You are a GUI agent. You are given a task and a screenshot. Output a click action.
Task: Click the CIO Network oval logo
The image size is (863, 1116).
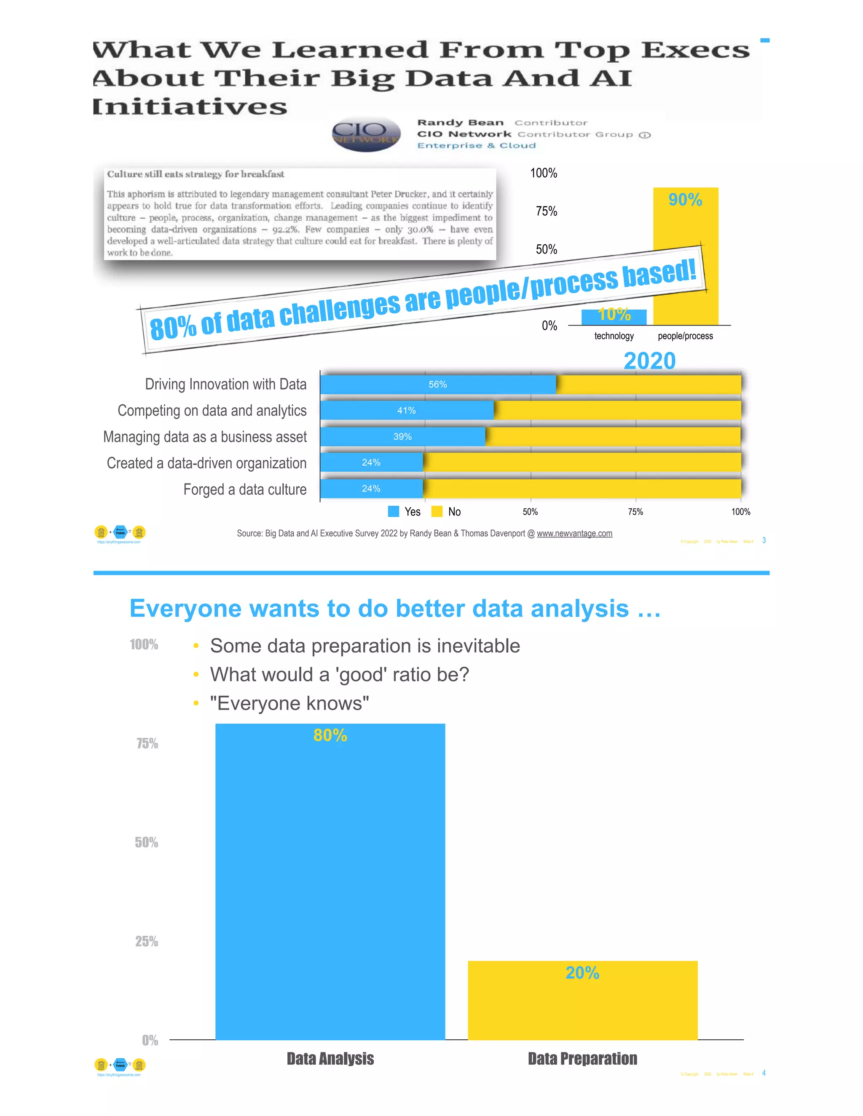point(366,134)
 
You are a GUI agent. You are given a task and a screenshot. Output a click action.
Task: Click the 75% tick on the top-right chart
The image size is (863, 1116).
point(546,211)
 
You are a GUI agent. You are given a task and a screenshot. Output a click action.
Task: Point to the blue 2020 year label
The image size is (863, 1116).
point(649,361)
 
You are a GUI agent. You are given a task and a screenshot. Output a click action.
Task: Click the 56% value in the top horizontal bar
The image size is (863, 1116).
point(438,384)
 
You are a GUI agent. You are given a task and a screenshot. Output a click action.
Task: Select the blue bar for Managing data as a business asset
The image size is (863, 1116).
point(402,436)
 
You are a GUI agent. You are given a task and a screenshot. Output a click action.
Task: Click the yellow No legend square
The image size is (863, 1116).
point(437,512)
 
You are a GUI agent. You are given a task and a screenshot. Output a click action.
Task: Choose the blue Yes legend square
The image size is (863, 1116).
point(393,512)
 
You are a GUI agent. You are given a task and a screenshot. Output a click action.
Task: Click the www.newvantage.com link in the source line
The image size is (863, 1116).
point(574,534)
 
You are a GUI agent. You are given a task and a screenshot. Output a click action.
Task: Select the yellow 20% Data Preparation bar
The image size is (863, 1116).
point(582,1001)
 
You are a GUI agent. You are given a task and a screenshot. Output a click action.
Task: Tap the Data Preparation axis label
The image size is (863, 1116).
point(582,1058)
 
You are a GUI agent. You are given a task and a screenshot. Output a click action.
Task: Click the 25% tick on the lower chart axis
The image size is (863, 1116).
point(146,941)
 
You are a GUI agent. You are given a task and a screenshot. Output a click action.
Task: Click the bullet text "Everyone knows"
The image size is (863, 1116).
point(289,704)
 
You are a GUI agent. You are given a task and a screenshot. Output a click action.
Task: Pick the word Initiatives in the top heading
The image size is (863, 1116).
point(190,107)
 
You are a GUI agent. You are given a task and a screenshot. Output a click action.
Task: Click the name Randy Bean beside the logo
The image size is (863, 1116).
point(460,123)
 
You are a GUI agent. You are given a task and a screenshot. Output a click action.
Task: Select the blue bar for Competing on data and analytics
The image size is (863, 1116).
point(407,410)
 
